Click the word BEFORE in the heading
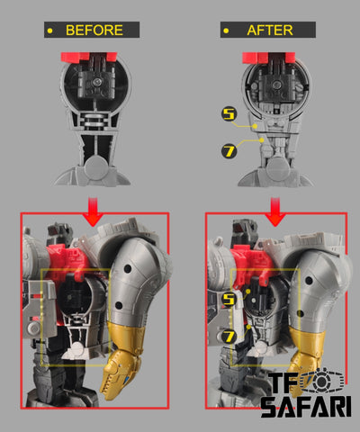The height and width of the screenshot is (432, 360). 94,30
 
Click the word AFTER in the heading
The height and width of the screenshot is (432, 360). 270,30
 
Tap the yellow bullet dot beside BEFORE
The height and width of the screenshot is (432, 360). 49,31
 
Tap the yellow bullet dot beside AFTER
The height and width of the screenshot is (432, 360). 226,31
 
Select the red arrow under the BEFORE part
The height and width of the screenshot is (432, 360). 94,211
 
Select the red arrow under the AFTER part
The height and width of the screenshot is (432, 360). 275,211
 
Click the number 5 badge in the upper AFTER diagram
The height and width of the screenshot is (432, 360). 229,114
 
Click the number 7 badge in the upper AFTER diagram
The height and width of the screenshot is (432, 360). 229,151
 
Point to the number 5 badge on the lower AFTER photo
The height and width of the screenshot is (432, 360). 229,299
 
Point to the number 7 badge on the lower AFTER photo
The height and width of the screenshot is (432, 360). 229,337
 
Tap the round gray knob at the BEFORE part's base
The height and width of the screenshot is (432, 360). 95,168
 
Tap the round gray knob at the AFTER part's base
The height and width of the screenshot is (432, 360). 278,169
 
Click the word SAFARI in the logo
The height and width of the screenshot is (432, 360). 306,407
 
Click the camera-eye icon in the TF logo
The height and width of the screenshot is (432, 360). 321,381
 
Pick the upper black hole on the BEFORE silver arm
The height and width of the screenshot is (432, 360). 127,268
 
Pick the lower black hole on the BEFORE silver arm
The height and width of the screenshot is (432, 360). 119,306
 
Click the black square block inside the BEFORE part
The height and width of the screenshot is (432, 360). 96,82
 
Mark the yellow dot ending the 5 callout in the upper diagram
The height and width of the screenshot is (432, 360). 255,126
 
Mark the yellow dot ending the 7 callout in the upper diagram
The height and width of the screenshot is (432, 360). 262,140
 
